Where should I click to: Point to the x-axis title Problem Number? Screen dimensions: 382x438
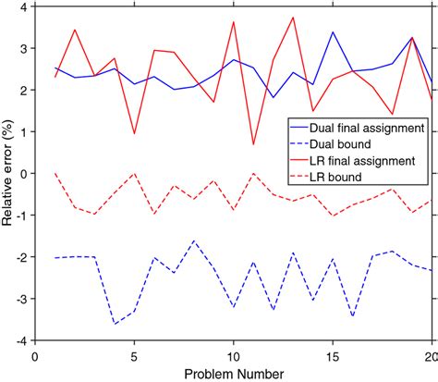234,373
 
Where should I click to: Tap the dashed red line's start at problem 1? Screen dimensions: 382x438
55,173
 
